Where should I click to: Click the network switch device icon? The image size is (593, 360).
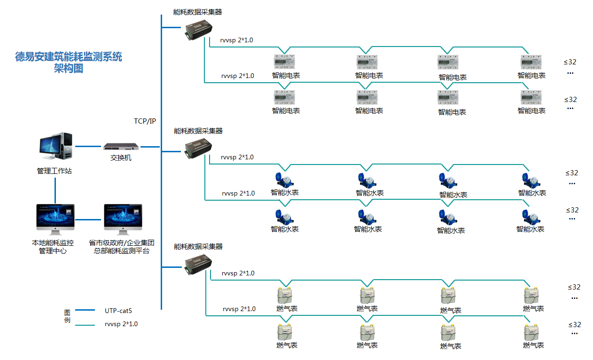click(121, 147)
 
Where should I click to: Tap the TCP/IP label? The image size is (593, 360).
click(145, 121)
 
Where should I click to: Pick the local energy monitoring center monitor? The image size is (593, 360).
click(55, 219)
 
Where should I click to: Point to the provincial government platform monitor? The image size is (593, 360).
click(123, 219)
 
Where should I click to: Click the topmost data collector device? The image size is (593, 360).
click(198, 30)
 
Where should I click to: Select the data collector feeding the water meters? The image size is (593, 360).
click(198, 149)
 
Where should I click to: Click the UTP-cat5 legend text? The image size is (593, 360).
click(122, 311)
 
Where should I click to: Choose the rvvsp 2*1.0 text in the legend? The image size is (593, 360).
click(121, 324)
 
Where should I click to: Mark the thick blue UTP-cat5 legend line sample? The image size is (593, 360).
click(85, 310)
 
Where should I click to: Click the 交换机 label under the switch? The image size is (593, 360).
click(121, 158)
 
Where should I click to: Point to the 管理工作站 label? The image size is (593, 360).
click(55, 171)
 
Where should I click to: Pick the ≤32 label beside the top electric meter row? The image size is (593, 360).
click(570, 62)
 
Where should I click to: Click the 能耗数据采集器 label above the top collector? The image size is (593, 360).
click(198, 12)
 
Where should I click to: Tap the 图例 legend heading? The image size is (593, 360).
click(67, 316)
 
